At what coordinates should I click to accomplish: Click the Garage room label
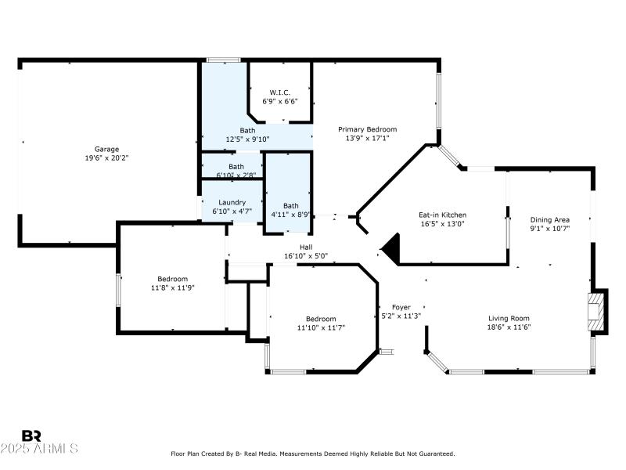(x=107, y=148)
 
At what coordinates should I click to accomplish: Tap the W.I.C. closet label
(x=279, y=92)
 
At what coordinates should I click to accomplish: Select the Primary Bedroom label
(x=367, y=129)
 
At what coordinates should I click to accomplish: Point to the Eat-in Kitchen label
(x=443, y=214)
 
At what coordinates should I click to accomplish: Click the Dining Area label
(x=550, y=220)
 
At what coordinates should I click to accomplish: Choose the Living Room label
(x=509, y=318)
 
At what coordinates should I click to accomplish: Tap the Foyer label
(x=401, y=307)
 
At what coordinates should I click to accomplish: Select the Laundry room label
(x=232, y=202)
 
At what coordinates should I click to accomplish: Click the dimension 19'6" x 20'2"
(x=107, y=157)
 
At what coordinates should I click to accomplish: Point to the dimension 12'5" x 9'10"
(x=247, y=139)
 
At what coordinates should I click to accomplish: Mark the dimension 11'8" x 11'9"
(x=172, y=288)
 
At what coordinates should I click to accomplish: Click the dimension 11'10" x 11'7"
(x=321, y=327)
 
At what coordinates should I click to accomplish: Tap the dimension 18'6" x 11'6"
(x=509, y=327)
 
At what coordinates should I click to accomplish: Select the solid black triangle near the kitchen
(x=391, y=250)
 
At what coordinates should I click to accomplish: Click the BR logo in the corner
(x=31, y=436)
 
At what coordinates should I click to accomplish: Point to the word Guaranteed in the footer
(x=434, y=454)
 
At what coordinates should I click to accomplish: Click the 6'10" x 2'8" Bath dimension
(x=236, y=175)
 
